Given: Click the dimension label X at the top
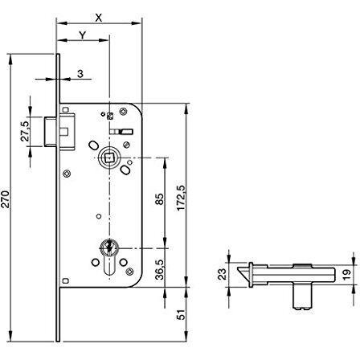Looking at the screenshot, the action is coord(99,18).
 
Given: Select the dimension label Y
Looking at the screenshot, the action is coord(83,35).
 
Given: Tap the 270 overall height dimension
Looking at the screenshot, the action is coord(6,199).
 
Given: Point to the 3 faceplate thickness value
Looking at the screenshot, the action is coord(80,74).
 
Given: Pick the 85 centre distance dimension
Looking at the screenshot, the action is coord(159,199).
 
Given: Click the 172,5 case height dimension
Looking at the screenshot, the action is coord(182,198).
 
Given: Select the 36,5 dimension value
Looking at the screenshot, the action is coord(159,270).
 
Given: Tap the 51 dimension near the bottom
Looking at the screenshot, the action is coord(182,314).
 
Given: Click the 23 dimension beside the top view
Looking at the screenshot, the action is coord(222,274).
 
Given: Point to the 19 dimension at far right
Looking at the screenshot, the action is coord(346,275).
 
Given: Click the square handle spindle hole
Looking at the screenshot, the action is coord(109,158).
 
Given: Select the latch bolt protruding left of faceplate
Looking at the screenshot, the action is coord(50,131).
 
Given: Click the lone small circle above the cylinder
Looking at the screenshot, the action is coord(99,216).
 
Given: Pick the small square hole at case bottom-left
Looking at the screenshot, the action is coord(65,280).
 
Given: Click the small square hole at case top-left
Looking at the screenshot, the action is coord(65,109).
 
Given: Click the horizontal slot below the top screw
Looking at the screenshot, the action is coord(121,131).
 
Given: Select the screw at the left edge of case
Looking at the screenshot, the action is coord(67,174).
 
